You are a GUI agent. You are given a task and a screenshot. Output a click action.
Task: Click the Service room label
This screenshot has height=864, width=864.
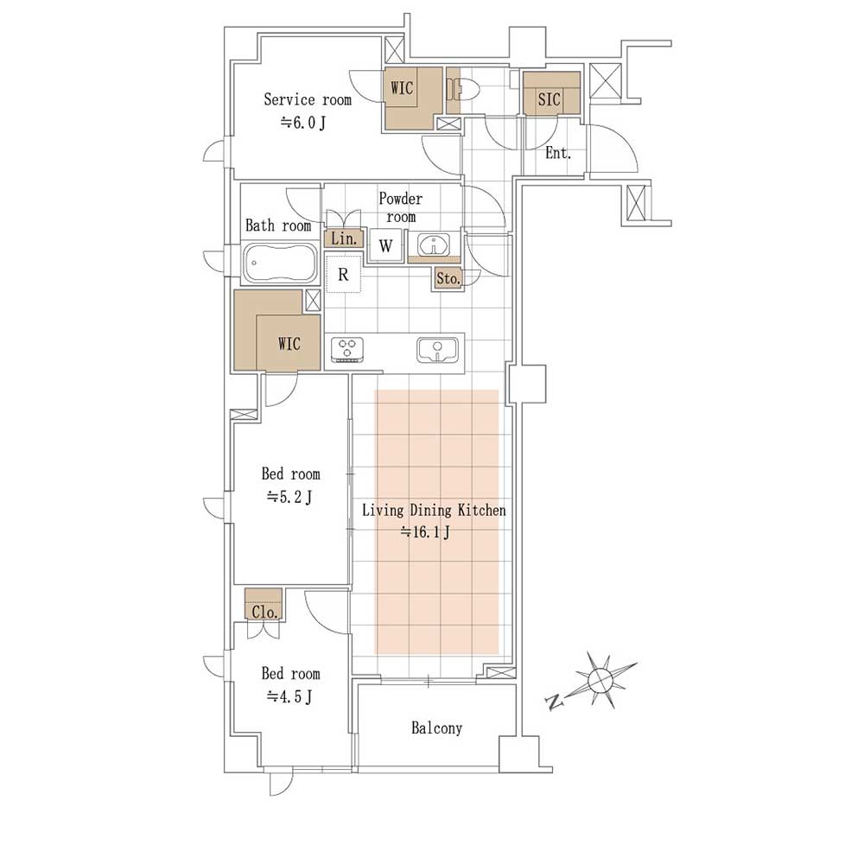308,99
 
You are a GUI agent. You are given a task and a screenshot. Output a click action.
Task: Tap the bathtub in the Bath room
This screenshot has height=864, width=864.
281,263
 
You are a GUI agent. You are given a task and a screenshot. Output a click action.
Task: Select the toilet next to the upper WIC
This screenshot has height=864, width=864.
464,89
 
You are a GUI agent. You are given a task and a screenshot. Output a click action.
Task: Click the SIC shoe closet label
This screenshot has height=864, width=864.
549,99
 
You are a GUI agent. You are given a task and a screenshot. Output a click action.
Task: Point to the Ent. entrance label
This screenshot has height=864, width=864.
557,153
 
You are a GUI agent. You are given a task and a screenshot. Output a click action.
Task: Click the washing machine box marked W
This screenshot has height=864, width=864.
385,245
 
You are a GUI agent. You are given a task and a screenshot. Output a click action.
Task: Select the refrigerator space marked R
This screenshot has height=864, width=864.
343,274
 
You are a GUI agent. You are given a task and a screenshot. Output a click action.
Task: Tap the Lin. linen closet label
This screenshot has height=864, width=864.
344,238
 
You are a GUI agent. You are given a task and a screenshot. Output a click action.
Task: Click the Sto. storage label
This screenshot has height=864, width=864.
448,279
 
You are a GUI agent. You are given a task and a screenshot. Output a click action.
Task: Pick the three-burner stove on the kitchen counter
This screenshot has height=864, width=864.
347,350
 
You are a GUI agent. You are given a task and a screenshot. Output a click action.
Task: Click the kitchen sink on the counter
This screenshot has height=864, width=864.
437,350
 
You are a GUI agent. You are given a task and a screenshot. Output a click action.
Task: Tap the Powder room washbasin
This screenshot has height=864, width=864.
435,245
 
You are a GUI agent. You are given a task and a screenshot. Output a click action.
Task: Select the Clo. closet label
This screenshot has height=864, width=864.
264,613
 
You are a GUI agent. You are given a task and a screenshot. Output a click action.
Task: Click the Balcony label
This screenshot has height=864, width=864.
436,728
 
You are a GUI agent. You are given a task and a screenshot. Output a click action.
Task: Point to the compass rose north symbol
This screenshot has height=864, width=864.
600,680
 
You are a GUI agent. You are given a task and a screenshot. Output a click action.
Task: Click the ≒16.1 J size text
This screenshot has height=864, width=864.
425,532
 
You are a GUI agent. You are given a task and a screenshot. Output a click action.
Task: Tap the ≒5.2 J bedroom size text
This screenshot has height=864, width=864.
289,498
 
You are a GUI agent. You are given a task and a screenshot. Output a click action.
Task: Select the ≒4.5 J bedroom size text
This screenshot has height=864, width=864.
289,697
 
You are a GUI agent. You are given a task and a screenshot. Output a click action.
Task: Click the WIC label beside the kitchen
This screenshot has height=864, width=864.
289,344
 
